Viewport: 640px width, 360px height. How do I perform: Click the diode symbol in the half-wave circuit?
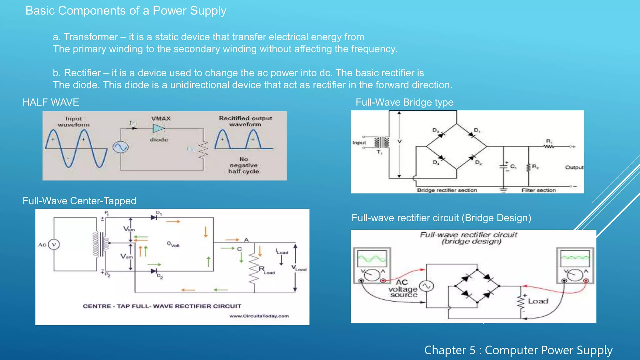coord(159,128)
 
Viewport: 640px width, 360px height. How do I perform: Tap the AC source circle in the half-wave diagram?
coord(120,147)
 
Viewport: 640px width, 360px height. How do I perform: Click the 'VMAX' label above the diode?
coord(161,119)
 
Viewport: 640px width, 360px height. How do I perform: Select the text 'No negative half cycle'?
coord(244,165)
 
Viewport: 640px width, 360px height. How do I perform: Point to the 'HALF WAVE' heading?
coord(51,102)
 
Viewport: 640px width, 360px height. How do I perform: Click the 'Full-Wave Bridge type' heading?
coord(404,102)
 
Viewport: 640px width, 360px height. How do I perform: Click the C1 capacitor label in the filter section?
coord(513,167)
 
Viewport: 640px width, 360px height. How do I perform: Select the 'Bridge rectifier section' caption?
coord(447,190)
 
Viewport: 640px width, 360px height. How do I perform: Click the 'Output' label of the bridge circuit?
coord(574,167)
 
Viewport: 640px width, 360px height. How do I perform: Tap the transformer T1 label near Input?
coord(379,152)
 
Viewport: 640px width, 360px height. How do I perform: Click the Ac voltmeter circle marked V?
coord(54,244)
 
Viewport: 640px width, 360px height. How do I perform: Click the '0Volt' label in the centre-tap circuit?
coord(173,244)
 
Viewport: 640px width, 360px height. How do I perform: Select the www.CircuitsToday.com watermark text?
coord(259,316)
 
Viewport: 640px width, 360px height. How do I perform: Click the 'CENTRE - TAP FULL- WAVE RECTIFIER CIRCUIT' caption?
coord(162,306)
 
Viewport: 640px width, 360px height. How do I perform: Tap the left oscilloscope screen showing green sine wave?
coord(372,258)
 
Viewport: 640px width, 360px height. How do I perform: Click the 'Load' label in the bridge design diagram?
coord(538,301)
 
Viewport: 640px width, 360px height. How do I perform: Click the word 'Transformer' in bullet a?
coord(91,37)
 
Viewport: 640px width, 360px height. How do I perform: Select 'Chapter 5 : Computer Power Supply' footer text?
coord(518,350)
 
